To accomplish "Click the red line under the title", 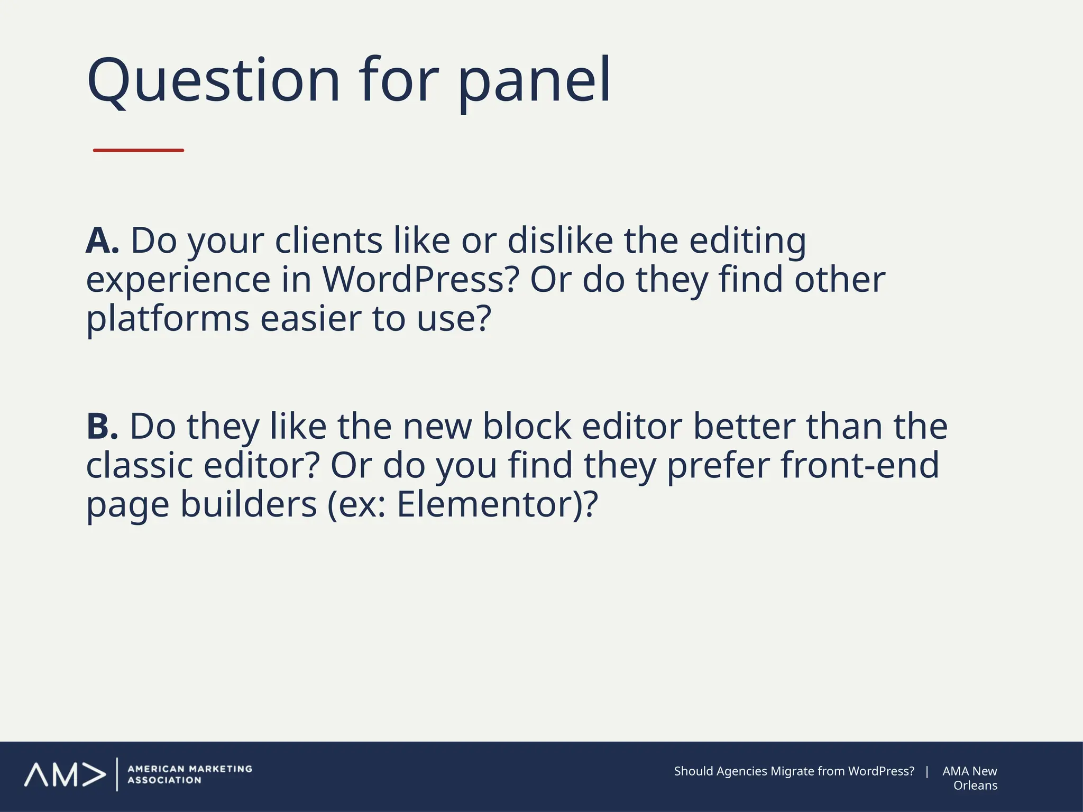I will pos(139,151).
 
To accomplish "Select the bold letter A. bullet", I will pos(102,241).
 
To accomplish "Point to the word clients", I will pos(328,241).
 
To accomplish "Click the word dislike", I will pos(561,241).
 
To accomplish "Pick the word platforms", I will pos(168,319).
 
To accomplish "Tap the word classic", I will pos(139,465).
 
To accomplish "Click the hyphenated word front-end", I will pos(860,465).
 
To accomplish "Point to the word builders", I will pos(249,504).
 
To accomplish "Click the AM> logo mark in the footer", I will pos(65,775).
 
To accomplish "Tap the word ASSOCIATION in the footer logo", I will pos(164,780).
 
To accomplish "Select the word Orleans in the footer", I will pos(975,786).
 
